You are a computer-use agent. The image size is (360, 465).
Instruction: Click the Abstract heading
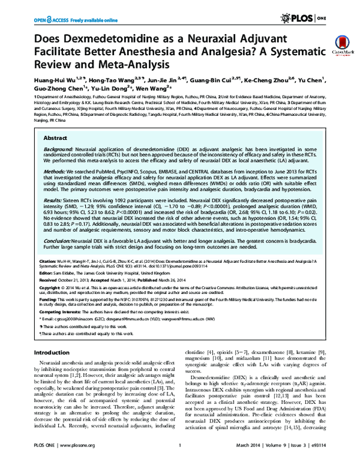click(55, 137)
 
